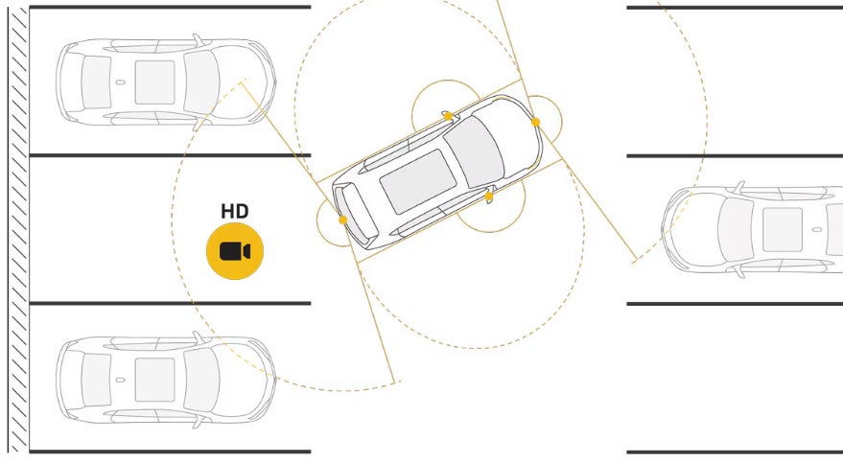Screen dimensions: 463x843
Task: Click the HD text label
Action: pyautogui.click(x=234, y=211)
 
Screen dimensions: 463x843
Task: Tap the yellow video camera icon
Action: pyautogui.click(x=234, y=252)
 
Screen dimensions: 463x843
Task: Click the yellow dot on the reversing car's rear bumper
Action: pyautogui.click(x=342, y=220)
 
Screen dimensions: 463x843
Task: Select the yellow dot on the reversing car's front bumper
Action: pyautogui.click(x=535, y=122)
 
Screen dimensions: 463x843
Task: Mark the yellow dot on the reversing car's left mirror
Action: pyautogui.click(x=448, y=116)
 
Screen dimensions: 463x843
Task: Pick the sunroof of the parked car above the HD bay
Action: pyautogui.click(x=154, y=81)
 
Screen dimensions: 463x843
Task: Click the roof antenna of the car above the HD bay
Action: pyautogui.click(x=120, y=82)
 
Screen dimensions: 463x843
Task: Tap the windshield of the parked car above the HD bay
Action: pyautogui.click(x=201, y=81)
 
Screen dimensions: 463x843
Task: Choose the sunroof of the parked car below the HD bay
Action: pyautogui.click(x=154, y=379)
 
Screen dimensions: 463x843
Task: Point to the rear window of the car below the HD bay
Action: pyautogui.click(x=95, y=379)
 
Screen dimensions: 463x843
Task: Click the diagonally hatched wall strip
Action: pyautogui.click(x=17, y=230)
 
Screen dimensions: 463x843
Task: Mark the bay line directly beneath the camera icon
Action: pyautogui.click(x=171, y=303)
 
